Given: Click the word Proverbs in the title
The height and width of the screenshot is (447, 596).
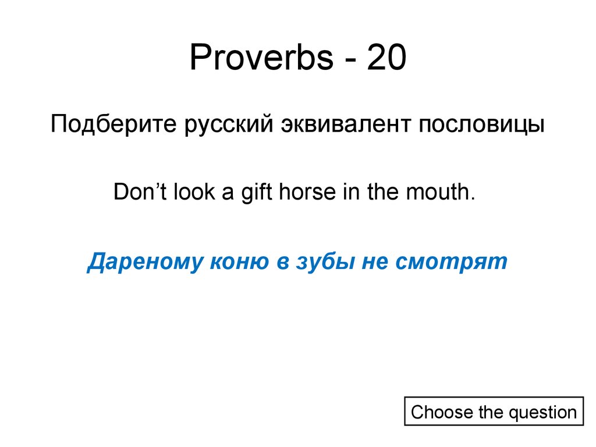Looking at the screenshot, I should click(260, 59).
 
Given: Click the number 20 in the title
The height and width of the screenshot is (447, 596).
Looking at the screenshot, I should click(386, 59).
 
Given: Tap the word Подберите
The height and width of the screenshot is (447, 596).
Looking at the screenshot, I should click(114, 125).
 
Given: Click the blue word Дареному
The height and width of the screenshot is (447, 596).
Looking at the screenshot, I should click(139, 261).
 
